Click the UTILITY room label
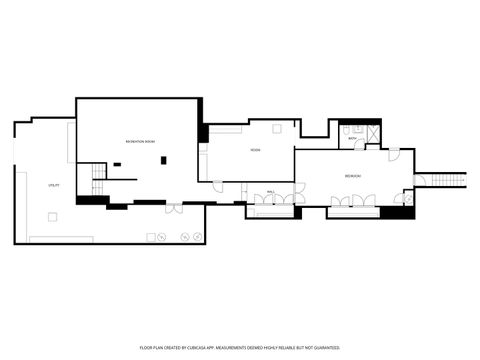54,186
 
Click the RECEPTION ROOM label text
140,142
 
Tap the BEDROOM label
353,176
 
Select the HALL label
271,190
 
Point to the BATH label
352,138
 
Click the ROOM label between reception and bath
256,151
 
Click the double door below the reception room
174,209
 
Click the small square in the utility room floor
54,215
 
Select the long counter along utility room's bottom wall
61,239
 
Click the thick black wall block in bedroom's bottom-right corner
404,211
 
